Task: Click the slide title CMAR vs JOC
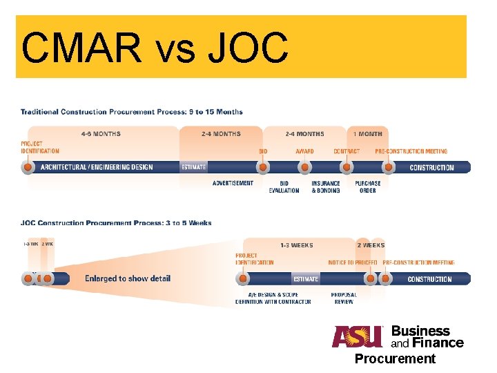[155, 48]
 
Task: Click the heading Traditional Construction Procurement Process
[131, 112]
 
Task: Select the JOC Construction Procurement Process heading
[116, 223]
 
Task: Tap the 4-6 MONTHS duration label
[101, 134]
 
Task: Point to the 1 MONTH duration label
[368, 134]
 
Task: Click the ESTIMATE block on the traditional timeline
[193, 167]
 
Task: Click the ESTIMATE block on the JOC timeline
[306, 279]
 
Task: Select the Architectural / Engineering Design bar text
[97, 167]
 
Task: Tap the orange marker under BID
[263, 167]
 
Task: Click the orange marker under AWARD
[304, 167]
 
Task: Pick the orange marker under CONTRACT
[347, 167]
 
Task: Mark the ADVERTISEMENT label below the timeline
[233, 184]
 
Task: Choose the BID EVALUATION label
[284, 187]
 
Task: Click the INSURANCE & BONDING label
[326, 187]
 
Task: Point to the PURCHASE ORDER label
[368, 187]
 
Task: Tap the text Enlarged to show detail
[128, 279]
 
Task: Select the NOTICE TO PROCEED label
[352, 263]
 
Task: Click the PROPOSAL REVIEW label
[344, 298]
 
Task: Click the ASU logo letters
[357, 336]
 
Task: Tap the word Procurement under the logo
[395, 358]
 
